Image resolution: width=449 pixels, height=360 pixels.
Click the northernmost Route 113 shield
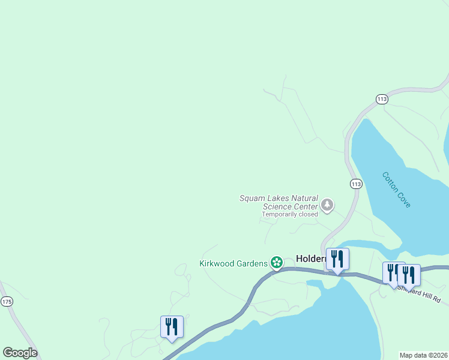point(382,99)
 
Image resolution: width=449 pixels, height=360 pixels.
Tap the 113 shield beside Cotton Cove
point(357,184)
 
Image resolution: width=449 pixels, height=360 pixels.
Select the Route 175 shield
point(7,302)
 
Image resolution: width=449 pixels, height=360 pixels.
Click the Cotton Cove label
point(396,190)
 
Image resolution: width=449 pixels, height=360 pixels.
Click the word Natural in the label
point(301,198)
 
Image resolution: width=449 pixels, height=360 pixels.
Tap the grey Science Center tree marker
point(327,206)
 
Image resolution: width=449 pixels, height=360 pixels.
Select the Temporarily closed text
point(290,214)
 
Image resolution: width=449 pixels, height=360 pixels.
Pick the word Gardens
point(253,263)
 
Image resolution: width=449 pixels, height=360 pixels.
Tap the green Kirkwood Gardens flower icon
point(276,262)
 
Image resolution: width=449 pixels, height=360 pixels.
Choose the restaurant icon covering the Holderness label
point(337,259)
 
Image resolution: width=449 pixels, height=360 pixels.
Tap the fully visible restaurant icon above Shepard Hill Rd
point(409,274)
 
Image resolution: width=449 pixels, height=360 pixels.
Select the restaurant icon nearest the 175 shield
point(172,326)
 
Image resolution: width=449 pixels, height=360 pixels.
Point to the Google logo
point(20,353)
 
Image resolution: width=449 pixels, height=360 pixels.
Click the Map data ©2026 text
point(423,355)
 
